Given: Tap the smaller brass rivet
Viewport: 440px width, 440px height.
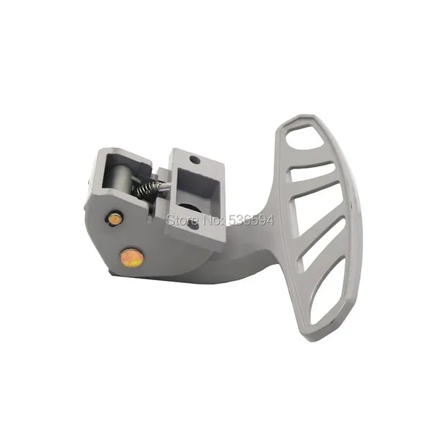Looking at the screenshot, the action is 114,219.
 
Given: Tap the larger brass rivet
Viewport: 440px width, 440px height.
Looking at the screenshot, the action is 131,257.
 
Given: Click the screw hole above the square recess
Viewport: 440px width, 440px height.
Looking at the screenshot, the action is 195,161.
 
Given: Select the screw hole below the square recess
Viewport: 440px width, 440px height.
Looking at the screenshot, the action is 194,225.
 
